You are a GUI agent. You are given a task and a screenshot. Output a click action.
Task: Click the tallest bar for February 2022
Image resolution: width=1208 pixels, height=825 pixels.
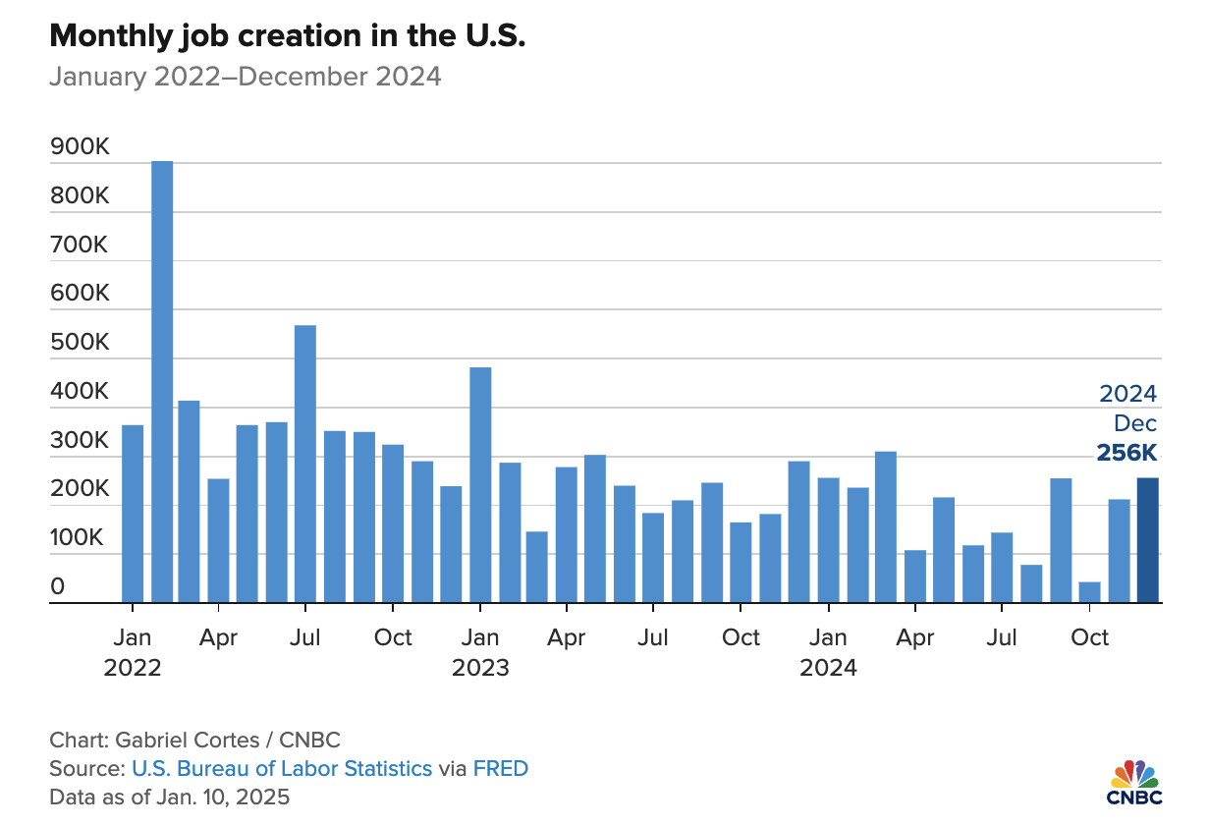click(x=162, y=383)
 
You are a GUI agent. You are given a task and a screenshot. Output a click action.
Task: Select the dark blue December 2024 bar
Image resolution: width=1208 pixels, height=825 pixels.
click(x=1148, y=540)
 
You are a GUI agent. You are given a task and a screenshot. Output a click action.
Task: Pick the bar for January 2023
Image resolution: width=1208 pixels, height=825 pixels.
click(x=480, y=485)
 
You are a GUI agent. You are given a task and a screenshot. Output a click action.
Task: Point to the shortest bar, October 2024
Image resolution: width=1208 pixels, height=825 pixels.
click(x=1090, y=592)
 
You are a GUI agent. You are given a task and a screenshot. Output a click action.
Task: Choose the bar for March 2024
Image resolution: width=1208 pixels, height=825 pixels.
click(x=886, y=526)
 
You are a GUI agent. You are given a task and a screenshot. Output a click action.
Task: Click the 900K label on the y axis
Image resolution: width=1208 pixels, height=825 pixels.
click(x=80, y=147)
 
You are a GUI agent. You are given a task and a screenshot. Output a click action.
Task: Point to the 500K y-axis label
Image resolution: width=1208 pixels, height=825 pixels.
click(x=80, y=344)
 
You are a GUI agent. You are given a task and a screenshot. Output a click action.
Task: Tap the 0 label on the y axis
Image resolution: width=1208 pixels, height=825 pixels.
click(x=58, y=587)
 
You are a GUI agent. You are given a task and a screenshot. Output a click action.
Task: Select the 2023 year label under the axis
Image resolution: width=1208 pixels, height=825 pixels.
click(x=480, y=669)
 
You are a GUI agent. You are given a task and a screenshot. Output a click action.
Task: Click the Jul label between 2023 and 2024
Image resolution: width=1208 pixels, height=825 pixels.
click(x=653, y=637)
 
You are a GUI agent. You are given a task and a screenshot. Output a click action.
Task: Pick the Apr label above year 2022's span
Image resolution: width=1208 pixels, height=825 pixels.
click(x=218, y=637)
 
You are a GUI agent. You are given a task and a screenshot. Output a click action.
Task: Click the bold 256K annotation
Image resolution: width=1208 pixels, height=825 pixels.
click(x=1126, y=454)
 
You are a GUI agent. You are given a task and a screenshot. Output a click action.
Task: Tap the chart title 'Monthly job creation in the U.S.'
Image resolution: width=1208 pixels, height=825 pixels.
click(x=287, y=37)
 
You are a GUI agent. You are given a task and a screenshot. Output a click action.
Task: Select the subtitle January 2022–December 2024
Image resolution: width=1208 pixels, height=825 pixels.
click(x=245, y=77)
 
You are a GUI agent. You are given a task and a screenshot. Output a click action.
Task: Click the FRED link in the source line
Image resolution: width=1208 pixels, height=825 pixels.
click(x=501, y=768)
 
